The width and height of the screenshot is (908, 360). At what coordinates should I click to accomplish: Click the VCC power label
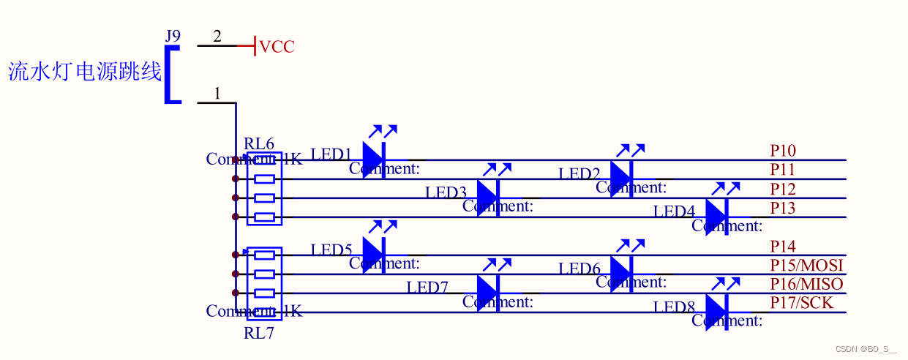click(277, 47)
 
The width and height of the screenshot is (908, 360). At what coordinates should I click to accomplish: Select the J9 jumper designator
click(173, 36)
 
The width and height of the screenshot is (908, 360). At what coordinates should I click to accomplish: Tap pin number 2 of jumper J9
click(217, 37)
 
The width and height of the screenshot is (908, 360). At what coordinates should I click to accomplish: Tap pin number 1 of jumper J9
click(217, 94)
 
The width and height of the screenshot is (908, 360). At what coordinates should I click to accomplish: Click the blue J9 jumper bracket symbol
click(171, 75)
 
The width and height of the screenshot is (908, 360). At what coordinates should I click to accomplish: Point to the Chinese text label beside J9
click(84, 72)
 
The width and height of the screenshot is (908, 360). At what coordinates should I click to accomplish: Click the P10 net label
click(783, 151)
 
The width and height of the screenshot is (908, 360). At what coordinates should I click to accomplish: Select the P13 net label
click(783, 208)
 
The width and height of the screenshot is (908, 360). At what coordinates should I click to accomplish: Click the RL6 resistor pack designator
click(259, 143)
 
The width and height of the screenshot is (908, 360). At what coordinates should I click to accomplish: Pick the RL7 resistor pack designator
click(259, 334)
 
